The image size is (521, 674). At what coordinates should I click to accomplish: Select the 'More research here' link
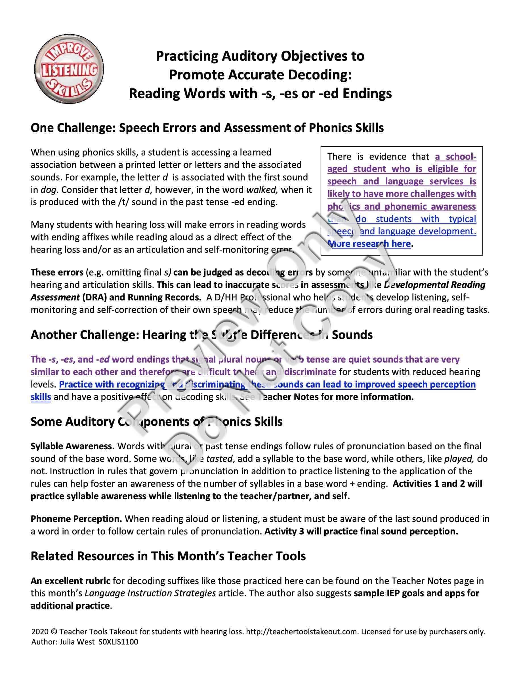click(369, 244)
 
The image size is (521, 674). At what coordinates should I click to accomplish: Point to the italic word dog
click(48, 189)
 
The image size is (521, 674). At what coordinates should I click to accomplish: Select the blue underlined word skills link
click(41, 397)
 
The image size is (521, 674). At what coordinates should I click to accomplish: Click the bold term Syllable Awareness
click(73, 446)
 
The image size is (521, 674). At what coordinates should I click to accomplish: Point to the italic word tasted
click(219, 459)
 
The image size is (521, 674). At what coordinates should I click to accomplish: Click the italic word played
click(459, 459)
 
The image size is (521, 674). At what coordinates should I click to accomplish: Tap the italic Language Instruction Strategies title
click(150, 593)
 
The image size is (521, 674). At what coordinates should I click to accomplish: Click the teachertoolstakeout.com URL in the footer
click(302, 631)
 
